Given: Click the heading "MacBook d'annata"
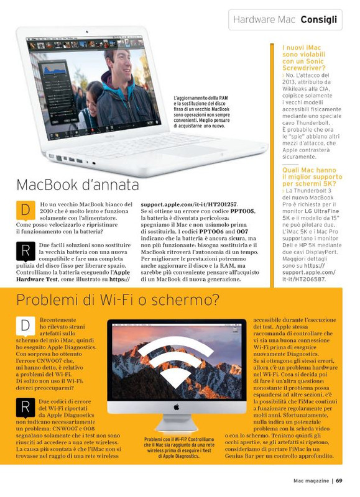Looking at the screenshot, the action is [x=78, y=185].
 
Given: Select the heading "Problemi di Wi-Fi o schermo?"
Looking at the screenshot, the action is [x=118, y=300].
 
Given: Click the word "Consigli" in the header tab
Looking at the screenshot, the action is [x=319, y=20].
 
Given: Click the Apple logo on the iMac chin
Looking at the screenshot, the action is [x=176, y=407].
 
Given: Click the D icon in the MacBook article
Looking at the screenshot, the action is [x=25, y=211].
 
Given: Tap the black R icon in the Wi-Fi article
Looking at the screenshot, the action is [x=25, y=408].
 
